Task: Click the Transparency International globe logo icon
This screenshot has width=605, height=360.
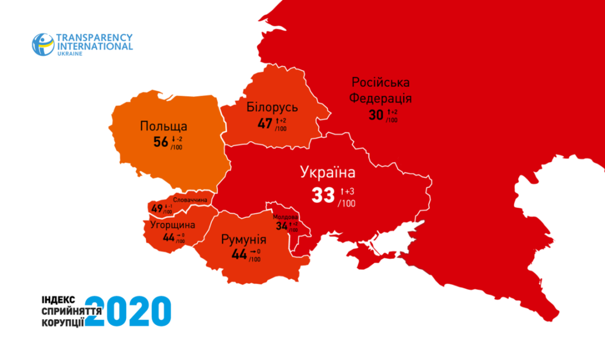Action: coord(43,44)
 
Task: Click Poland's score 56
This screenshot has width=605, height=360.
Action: coord(161,142)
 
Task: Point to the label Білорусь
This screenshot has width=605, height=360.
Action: coord(272,107)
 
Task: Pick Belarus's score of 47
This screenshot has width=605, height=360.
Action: coord(265,123)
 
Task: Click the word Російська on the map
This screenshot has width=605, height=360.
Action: coord(380,82)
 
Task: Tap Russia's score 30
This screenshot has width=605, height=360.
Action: coord(376,115)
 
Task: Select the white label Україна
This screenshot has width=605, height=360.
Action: coord(328,172)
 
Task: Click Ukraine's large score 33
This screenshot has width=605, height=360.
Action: coord(324,195)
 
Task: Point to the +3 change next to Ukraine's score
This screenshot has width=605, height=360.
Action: coord(347,191)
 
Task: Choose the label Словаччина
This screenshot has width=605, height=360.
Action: coord(190,200)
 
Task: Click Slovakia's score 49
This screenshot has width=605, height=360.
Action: coord(157,209)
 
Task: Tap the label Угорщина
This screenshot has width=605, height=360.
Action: coord(173,225)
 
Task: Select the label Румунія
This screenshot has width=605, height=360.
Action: coord(244,241)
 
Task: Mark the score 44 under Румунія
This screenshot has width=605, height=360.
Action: coord(240,255)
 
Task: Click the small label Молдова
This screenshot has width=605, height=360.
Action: coord(285,217)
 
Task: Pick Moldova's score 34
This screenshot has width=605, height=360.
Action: coord(282,226)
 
